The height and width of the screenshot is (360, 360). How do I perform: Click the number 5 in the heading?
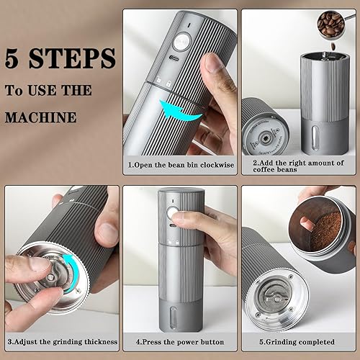[x=14, y=57]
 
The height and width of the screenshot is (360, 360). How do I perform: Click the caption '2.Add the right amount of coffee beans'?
[x=298, y=167]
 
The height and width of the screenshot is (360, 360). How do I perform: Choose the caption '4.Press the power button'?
[x=179, y=341]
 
